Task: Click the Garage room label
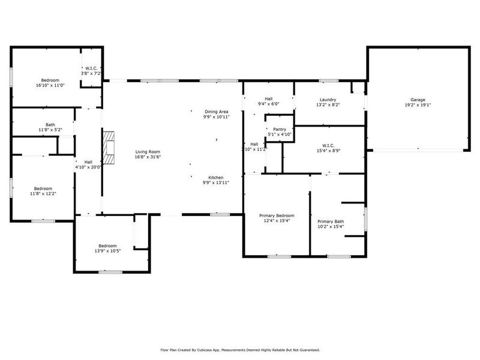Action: click(418, 100)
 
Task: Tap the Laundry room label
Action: click(328, 100)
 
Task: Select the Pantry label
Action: click(280, 129)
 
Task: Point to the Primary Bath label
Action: click(331, 221)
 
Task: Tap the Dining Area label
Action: click(216, 112)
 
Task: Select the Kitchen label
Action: click(216, 178)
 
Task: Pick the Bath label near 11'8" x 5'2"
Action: click(50, 125)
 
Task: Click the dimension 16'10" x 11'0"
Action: click(50, 86)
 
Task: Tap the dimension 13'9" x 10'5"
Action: click(107, 251)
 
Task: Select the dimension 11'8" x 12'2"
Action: click(43, 193)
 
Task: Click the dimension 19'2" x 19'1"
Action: click(418, 105)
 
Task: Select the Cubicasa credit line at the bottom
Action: click(239, 349)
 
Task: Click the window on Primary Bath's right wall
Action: click(365, 220)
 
